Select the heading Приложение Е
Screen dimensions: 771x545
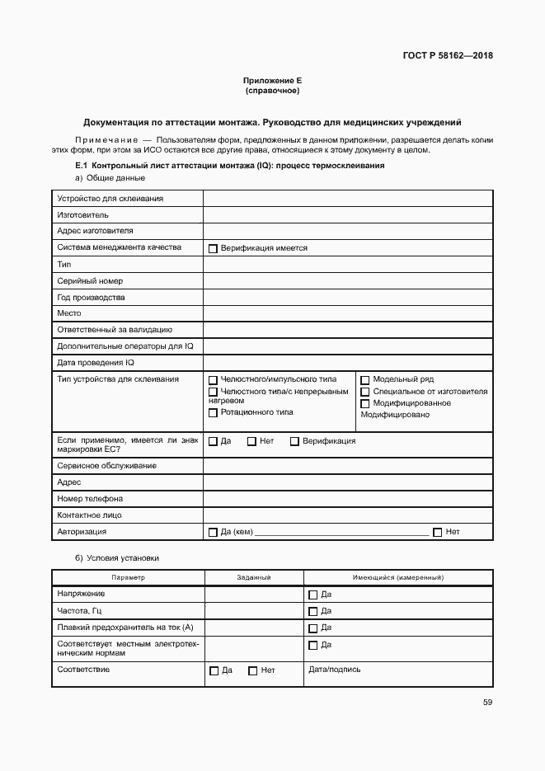point(272,81)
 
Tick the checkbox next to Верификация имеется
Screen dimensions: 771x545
point(213,248)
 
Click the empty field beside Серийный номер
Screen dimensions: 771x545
point(347,281)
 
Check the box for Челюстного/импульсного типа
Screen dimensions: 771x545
point(213,380)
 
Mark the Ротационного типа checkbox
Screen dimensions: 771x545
point(213,412)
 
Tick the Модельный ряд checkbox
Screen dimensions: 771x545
point(365,380)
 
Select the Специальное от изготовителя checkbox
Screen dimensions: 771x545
point(365,392)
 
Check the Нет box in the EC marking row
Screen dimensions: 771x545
point(251,441)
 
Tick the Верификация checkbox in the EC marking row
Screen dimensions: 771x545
point(294,441)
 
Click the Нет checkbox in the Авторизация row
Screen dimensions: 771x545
point(437,533)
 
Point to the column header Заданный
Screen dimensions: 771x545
point(254,578)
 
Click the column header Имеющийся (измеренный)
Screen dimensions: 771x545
point(397,578)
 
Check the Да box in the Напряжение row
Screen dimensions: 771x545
point(312,595)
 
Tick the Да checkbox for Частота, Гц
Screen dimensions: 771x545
point(312,612)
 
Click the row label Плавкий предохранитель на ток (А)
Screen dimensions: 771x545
point(119,628)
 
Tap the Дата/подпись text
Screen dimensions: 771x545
point(334,670)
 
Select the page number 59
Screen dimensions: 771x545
point(487,703)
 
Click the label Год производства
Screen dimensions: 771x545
point(91,298)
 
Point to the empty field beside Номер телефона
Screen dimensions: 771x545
point(347,499)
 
